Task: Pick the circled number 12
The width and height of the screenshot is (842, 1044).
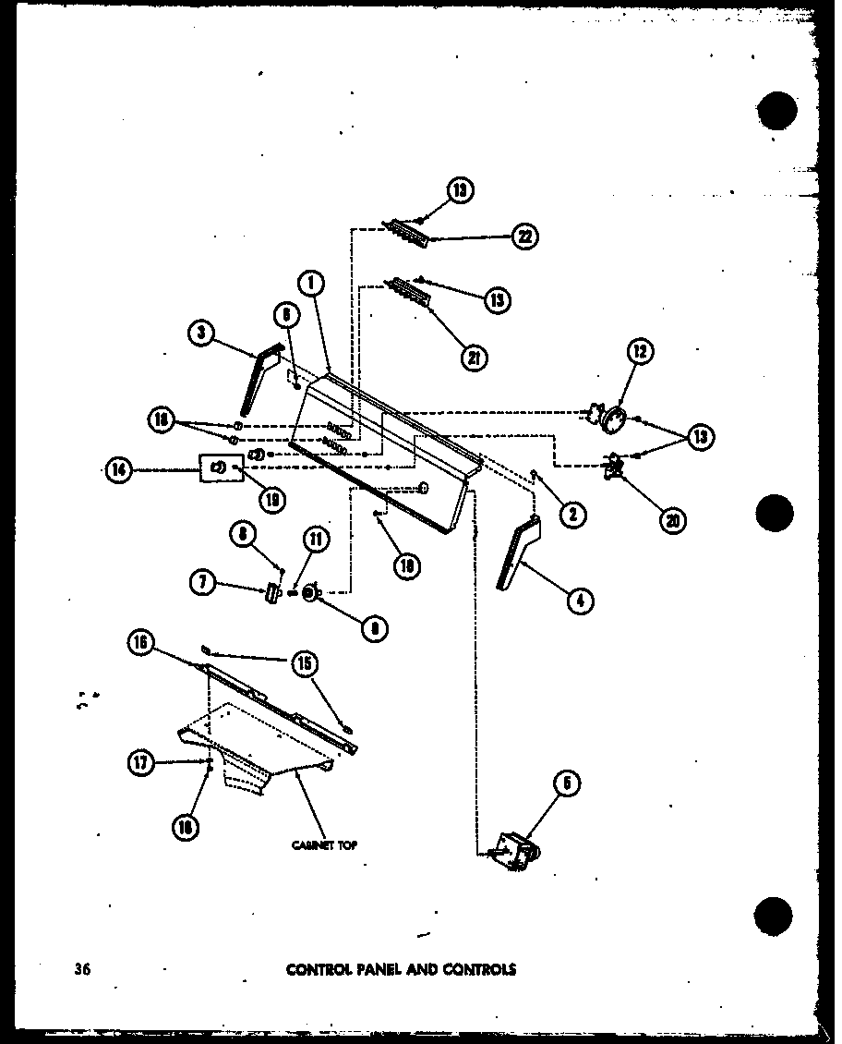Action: [x=640, y=351]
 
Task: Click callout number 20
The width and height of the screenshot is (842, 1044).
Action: [x=673, y=520]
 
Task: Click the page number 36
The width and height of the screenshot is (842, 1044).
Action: [x=83, y=969]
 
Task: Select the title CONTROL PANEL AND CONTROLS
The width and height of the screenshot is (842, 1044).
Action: [x=401, y=969]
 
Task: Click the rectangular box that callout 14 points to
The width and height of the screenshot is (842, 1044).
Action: [x=218, y=467]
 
